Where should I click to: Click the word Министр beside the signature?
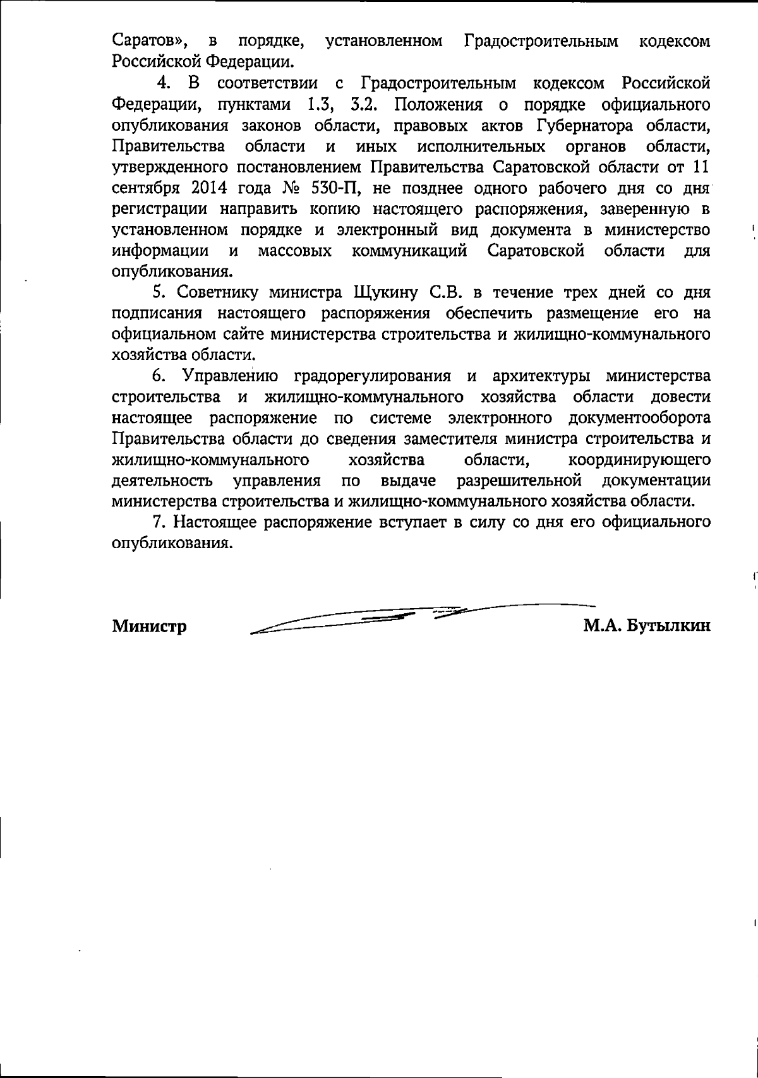[x=149, y=626]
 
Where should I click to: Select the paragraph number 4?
[x=164, y=83]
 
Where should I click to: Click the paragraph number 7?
[x=159, y=522]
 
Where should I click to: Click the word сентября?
[x=142, y=188]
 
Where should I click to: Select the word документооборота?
[x=639, y=418]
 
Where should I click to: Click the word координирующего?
[x=639, y=460]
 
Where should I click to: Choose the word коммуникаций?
[x=409, y=251]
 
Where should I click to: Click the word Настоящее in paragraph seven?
[x=215, y=522]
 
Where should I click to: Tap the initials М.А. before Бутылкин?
[x=601, y=626]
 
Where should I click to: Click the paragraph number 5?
[x=159, y=292]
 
